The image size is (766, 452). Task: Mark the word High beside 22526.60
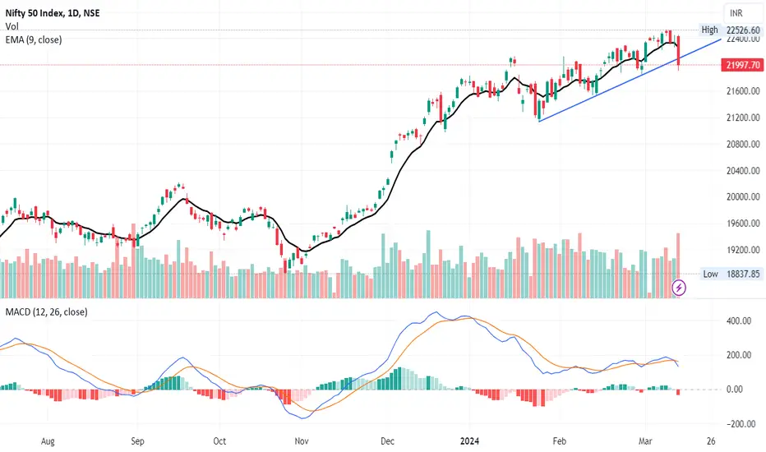pyautogui.click(x=709, y=30)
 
